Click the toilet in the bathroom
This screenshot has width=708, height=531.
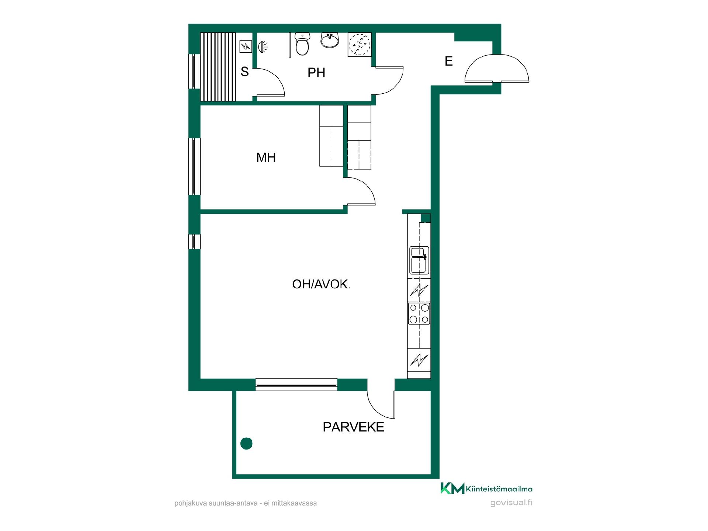[x=302, y=44]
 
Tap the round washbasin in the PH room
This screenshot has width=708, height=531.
[x=330, y=40]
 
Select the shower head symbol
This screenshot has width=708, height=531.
[x=263, y=46]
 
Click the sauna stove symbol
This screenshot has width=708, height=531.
[x=245, y=46]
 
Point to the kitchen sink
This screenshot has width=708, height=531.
[x=419, y=260]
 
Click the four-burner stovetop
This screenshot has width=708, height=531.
[x=419, y=313]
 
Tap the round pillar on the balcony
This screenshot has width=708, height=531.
[x=246, y=443]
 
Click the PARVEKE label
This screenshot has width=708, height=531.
[x=353, y=427]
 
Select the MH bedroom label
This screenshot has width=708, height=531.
[x=266, y=158]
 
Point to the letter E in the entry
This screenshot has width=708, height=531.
[x=448, y=61]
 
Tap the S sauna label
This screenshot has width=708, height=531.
[x=244, y=72]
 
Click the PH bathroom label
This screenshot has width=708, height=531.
[x=316, y=73]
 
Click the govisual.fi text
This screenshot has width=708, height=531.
[x=511, y=503]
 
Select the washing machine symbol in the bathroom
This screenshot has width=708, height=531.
[x=359, y=45]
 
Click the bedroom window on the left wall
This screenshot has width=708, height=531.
[x=194, y=166]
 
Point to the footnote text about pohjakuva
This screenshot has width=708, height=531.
[x=246, y=503]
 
